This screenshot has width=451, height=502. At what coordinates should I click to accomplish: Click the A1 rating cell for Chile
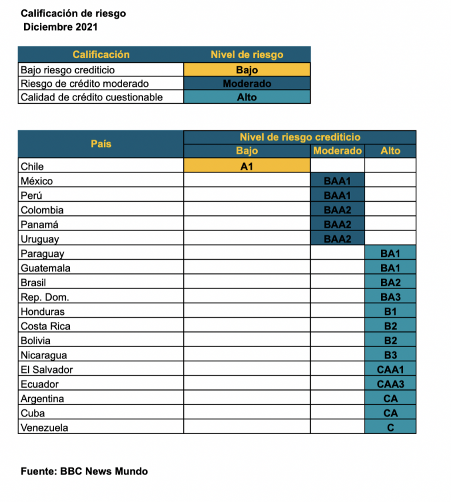point(247,167)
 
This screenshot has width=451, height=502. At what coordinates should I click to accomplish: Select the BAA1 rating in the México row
point(337,181)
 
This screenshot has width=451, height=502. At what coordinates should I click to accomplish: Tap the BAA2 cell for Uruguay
point(337,239)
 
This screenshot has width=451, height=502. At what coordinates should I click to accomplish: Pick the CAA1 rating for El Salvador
point(390,370)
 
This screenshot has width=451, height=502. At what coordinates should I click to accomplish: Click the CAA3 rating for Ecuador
point(390,385)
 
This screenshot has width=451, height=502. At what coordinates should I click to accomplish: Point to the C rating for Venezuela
point(390,428)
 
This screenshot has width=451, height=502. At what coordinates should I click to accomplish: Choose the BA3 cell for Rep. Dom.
point(390,297)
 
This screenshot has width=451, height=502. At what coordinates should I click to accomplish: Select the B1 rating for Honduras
point(390,312)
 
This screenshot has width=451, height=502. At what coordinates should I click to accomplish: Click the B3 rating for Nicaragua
point(390,355)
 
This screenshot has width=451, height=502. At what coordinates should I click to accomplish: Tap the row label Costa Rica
point(45,327)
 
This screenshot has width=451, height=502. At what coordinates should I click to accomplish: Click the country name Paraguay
point(42,254)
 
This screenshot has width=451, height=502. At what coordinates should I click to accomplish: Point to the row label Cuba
point(32,413)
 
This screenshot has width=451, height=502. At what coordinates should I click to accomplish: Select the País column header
point(101,144)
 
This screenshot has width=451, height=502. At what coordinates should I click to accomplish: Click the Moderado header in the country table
point(337,151)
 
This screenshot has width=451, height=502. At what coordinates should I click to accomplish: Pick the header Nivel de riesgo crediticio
point(299,137)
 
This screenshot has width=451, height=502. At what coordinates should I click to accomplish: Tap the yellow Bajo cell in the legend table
point(247,70)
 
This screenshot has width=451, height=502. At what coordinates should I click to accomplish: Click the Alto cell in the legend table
point(247,97)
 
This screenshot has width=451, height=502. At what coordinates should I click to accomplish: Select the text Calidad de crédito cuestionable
point(92,97)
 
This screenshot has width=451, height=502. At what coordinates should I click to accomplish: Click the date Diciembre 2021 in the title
point(60,27)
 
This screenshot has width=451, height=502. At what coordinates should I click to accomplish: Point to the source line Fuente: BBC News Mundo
point(84,472)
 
